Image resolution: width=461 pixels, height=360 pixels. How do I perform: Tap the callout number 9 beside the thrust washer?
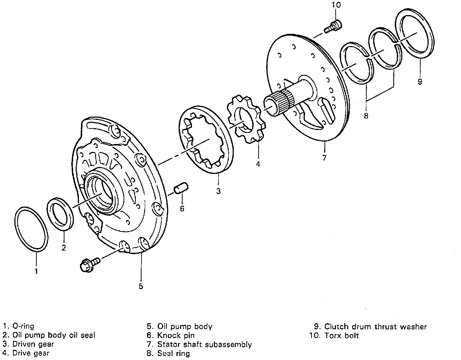click(x=420, y=81)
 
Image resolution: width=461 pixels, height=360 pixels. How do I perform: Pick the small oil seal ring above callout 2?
click(x=60, y=213)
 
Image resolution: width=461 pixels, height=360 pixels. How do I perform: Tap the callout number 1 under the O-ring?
click(x=36, y=271)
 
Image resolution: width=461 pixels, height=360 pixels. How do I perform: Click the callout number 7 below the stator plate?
click(x=324, y=157)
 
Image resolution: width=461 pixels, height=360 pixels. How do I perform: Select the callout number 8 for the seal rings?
click(x=366, y=116)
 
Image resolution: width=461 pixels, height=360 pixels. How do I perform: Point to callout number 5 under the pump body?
click(x=141, y=286)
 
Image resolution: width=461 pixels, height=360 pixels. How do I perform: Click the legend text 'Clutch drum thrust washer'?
click(x=375, y=327)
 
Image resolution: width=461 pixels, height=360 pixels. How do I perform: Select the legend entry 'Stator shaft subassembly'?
click(x=204, y=345)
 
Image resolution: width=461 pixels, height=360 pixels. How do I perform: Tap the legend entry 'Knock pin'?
click(x=176, y=336)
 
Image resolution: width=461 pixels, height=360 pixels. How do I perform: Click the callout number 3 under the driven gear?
click(x=218, y=191)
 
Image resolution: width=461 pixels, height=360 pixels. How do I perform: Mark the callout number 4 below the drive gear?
click(x=258, y=164)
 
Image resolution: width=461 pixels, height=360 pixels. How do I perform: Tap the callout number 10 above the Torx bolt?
click(x=336, y=5)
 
